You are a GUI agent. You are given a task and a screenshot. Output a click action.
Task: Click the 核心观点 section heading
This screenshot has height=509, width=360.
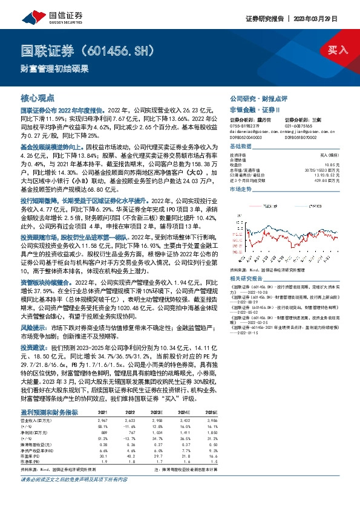pos(38,97)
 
